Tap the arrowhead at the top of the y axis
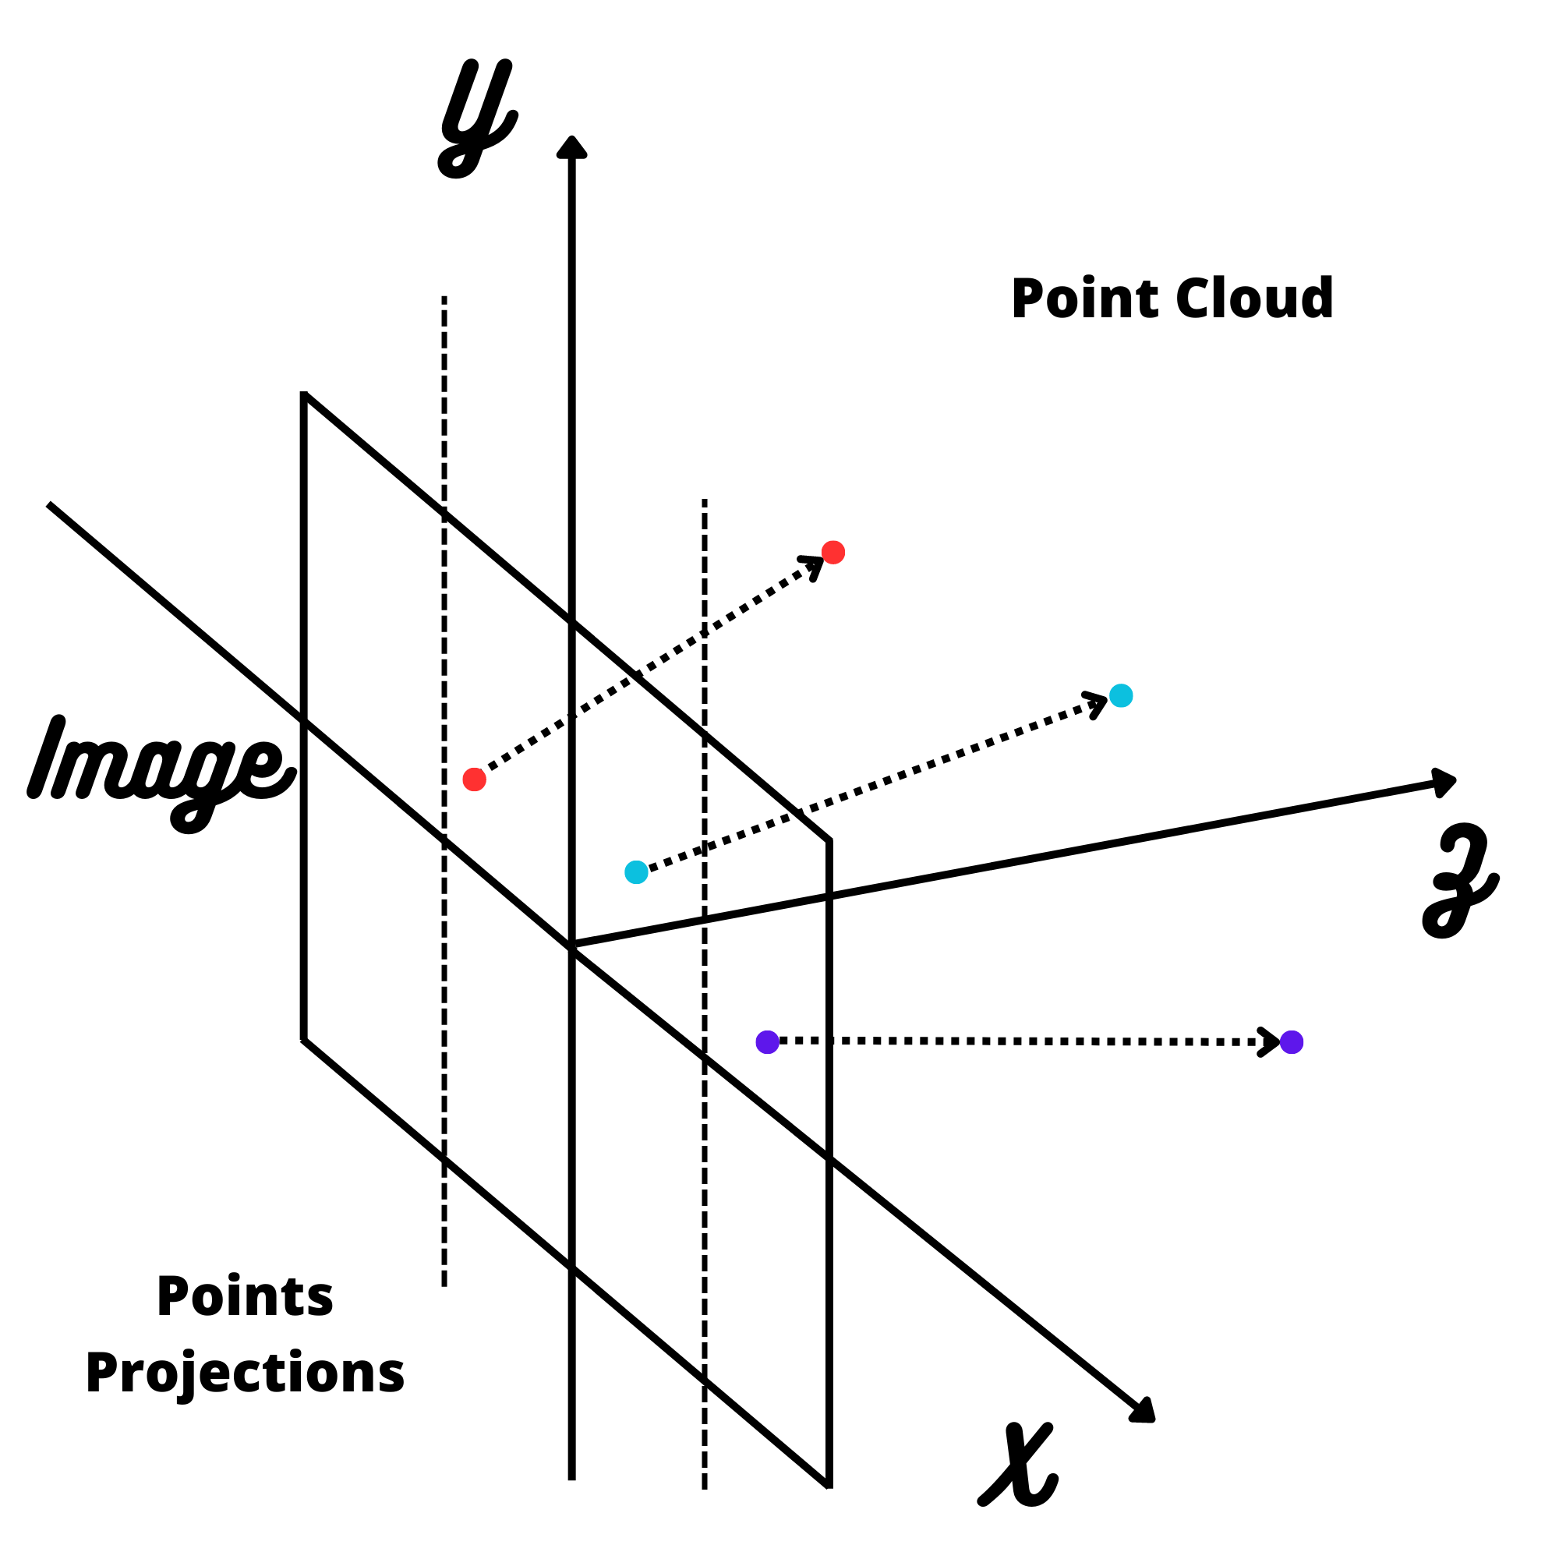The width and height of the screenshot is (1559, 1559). pyautogui.click(x=572, y=147)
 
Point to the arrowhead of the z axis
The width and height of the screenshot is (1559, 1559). pyautogui.click(x=1444, y=782)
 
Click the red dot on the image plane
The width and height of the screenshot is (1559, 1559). pyautogui.click(x=475, y=779)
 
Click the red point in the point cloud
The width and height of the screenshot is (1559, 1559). pyautogui.click(x=833, y=553)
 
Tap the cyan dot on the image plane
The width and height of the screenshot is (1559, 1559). pyautogui.click(x=637, y=872)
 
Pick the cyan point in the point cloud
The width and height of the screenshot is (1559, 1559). pyautogui.click(x=1121, y=695)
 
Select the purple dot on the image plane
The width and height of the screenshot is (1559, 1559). pyautogui.click(x=767, y=1041)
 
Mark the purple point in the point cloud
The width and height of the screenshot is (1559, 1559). pyautogui.click(x=1292, y=1042)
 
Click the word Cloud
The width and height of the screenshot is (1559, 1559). pyautogui.click(x=1254, y=299)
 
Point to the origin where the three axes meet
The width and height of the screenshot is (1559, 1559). pyautogui.click(x=572, y=945)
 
